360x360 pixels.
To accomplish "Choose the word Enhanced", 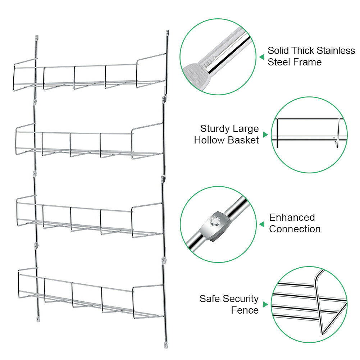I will pyautogui.click(x=292, y=217).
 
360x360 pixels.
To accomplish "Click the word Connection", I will pyautogui.click(x=295, y=229).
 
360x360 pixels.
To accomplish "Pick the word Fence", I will pyautogui.click(x=245, y=310).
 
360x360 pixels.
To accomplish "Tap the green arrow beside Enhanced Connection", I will pyautogui.click(x=262, y=224).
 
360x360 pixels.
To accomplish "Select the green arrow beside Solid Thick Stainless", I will pyautogui.click(x=262, y=57).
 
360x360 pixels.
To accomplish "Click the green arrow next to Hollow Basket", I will pyautogui.click(x=265, y=135).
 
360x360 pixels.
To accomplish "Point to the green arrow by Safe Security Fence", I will pyautogui.click(x=265, y=305).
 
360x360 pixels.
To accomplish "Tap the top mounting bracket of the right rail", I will pyautogui.click(x=168, y=33).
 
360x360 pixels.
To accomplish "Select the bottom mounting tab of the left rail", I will pyautogui.click(x=37, y=318).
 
